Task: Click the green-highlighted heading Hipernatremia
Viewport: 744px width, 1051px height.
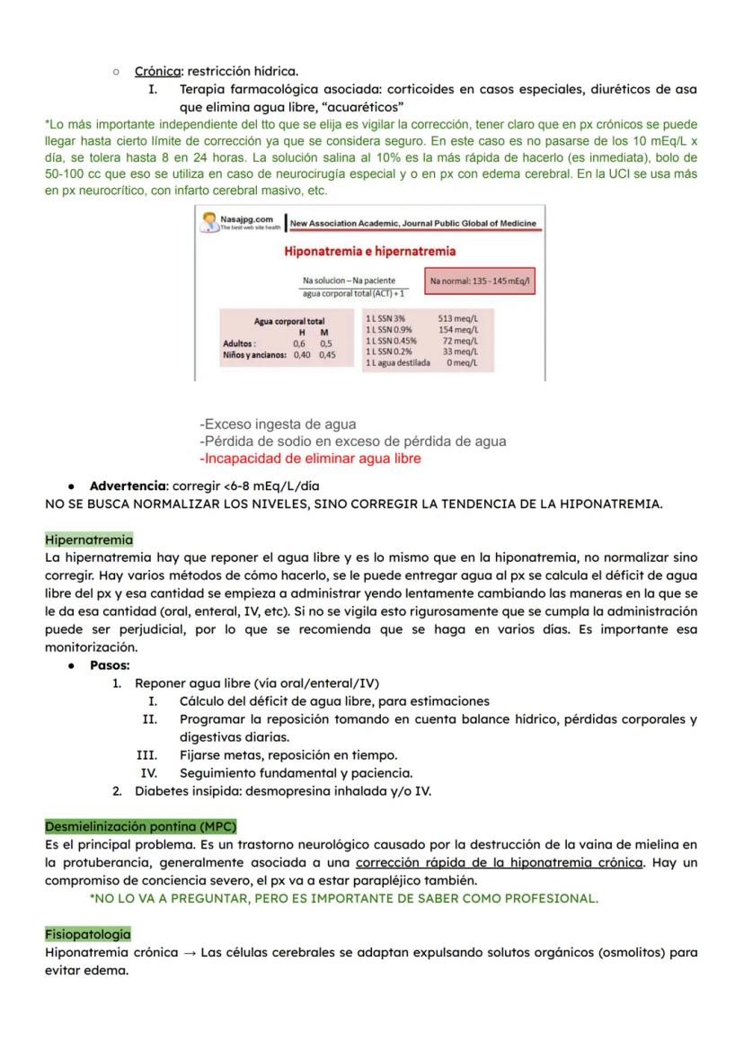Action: (89, 540)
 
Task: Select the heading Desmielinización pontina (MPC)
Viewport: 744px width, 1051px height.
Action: (140, 826)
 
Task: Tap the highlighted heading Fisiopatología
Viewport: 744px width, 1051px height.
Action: (87, 934)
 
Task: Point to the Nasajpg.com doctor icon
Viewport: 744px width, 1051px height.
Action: (208, 221)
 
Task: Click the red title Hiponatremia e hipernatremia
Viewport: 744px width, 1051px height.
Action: (369, 251)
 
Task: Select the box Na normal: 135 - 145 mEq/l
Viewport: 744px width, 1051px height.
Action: (481, 281)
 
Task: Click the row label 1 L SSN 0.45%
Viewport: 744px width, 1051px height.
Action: (391, 341)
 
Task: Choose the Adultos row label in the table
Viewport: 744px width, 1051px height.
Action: (239, 343)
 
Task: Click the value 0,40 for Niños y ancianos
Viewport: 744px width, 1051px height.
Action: (302, 355)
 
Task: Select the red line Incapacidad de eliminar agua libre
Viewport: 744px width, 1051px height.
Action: (310, 459)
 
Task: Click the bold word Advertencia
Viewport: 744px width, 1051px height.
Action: (128, 486)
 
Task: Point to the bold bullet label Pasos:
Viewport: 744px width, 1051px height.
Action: (110, 665)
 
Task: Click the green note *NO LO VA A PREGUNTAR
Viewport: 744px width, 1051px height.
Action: (343, 898)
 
